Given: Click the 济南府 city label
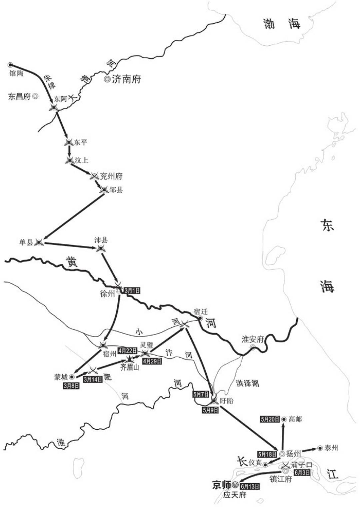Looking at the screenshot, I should [x=126, y=79].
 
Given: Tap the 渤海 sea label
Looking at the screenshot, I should [x=281, y=24].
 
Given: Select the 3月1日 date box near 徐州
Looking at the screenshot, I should [x=132, y=291].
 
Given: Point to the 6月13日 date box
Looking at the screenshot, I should [x=250, y=486].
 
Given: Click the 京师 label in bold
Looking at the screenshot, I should [x=221, y=485].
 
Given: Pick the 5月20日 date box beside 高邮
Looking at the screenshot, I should [x=270, y=419].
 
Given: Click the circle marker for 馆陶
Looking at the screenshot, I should [x=10, y=65].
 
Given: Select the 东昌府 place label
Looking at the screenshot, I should [x=19, y=96].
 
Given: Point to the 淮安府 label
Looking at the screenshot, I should [x=253, y=340].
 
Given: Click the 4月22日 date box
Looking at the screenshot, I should [x=127, y=351].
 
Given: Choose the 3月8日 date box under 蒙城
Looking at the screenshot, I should [x=71, y=386].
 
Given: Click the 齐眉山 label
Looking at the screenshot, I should [x=129, y=368].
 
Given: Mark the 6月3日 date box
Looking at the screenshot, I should [x=302, y=473].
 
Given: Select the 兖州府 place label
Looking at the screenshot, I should [x=111, y=176].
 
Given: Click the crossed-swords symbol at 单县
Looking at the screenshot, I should [x=39, y=242].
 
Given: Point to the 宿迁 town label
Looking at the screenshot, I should [x=201, y=312].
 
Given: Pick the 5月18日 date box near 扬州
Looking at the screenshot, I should [x=267, y=454].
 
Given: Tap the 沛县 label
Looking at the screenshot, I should [x=101, y=240].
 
